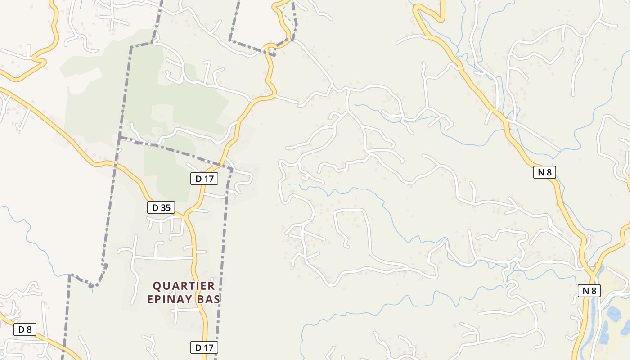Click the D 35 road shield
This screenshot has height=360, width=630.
click(161, 207)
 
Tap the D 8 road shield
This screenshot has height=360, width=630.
click(25, 329)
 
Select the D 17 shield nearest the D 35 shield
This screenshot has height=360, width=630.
click(204, 179)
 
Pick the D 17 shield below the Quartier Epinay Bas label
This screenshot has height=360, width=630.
click(204, 347)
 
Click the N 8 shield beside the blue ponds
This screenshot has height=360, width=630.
click(589, 291)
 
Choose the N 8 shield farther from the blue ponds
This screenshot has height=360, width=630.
click(544, 172)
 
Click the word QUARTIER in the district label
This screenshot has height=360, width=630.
click(184, 286)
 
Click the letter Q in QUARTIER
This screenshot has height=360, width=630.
click(157, 286)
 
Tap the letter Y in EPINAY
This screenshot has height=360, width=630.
click(193, 299)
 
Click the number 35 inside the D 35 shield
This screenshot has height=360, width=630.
click(165, 207)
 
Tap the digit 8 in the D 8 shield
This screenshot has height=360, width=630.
click(29, 329)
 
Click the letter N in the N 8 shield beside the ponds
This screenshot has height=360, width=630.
click(585, 291)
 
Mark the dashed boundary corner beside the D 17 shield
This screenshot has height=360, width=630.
click(232, 170)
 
